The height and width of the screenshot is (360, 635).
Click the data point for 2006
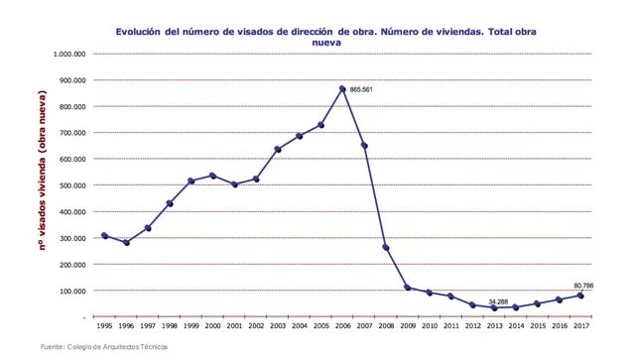point(342,89)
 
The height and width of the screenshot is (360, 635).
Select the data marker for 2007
point(364,146)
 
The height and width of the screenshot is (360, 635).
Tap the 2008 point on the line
point(386,248)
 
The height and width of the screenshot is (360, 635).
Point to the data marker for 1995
point(104,235)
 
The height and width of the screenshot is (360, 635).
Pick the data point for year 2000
point(212,176)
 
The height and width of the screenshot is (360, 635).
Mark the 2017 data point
point(580,296)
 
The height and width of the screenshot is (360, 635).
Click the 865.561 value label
point(361,89)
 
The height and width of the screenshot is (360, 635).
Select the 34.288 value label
point(497,300)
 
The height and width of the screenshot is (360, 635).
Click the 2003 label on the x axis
point(278,325)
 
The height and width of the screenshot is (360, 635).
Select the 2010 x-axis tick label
point(430,325)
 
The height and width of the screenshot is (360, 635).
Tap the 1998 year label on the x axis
point(170,325)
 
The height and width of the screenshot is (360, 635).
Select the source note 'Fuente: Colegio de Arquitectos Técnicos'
point(103,346)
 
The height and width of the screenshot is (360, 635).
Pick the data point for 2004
point(299,136)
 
